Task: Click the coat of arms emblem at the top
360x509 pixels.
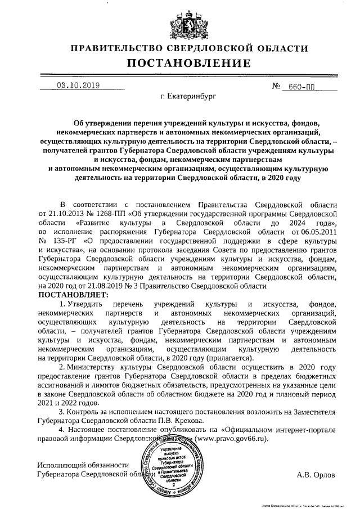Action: [x=179, y=24]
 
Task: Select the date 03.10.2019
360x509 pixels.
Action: [x=78, y=85]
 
